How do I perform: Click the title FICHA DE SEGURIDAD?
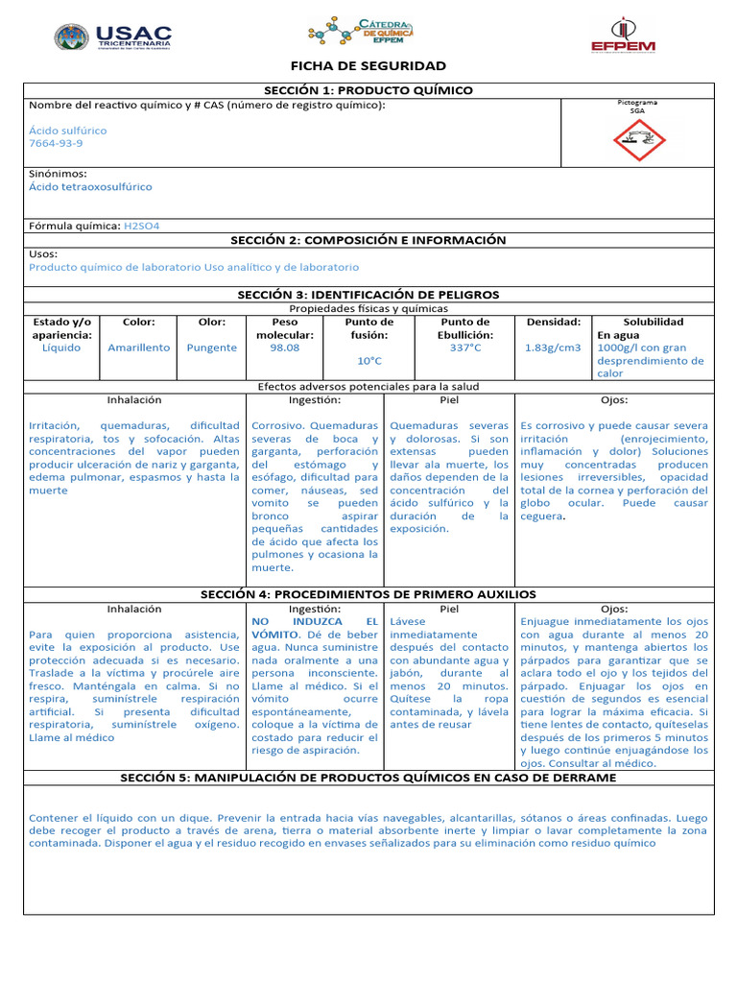click(368, 66)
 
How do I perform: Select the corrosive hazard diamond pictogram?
click(638, 141)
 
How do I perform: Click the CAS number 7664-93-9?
click(56, 143)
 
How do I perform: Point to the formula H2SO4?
click(142, 226)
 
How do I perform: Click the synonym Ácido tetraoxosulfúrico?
click(90, 187)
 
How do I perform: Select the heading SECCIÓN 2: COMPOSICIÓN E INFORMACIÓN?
click(368, 240)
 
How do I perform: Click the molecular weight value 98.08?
click(285, 348)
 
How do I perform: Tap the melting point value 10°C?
click(369, 361)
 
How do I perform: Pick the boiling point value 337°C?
click(464, 348)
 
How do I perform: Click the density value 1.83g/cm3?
click(553, 348)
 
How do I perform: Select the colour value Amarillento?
click(139, 348)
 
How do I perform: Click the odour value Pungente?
click(211, 348)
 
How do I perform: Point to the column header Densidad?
click(553, 323)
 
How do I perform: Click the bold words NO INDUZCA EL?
click(315, 622)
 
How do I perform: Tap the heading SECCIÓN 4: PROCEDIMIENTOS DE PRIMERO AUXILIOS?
click(368, 595)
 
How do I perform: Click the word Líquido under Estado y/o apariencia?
click(61, 348)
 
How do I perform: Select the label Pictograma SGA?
click(638, 106)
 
